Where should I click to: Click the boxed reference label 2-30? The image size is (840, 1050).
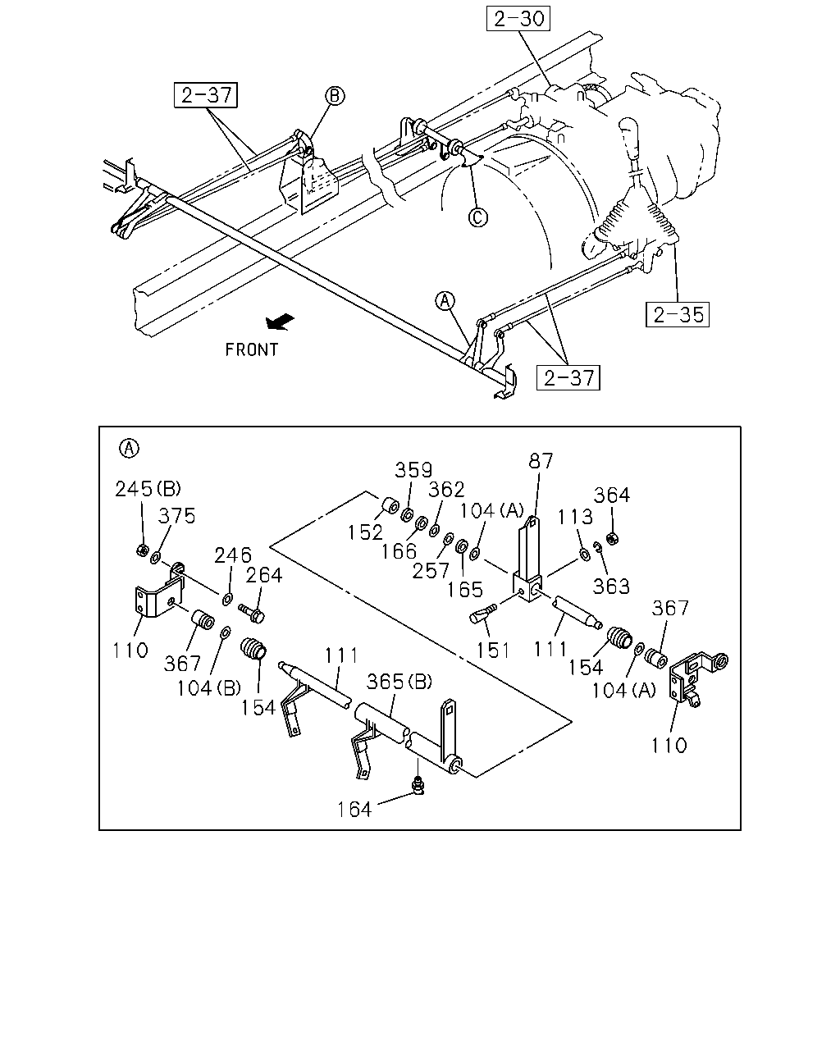[518, 19]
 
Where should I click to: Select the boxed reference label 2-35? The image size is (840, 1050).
[678, 314]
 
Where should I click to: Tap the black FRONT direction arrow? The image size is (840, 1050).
[280, 322]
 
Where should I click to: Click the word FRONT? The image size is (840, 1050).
[251, 349]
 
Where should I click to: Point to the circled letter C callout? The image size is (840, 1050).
[478, 217]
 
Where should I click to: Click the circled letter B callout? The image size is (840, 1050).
[335, 96]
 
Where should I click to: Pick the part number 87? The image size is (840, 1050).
[541, 460]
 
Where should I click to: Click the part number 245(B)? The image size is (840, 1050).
[148, 488]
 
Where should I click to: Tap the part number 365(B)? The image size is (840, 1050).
[399, 681]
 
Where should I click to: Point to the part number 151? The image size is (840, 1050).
[493, 650]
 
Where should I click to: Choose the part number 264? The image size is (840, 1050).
[264, 575]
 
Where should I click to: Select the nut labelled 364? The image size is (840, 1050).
[610, 538]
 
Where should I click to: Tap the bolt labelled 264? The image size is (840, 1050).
[252, 613]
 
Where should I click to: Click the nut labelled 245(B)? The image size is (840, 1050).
[142, 550]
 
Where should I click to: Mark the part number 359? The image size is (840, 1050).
[413, 470]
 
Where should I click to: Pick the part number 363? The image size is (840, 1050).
[611, 586]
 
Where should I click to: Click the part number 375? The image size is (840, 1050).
[176, 516]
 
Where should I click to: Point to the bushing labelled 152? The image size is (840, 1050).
[390, 506]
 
